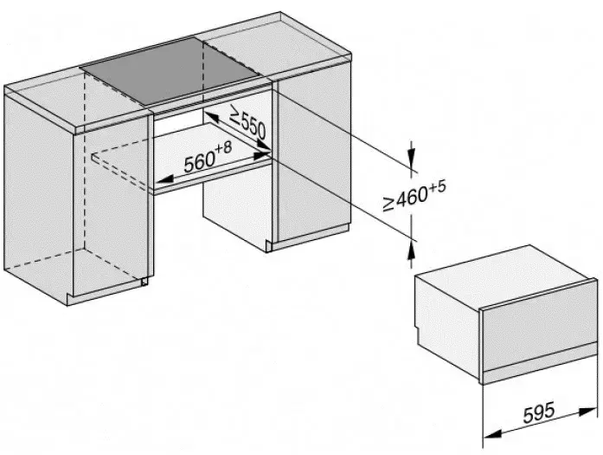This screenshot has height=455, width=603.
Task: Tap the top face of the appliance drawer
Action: click(x=502, y=276)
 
